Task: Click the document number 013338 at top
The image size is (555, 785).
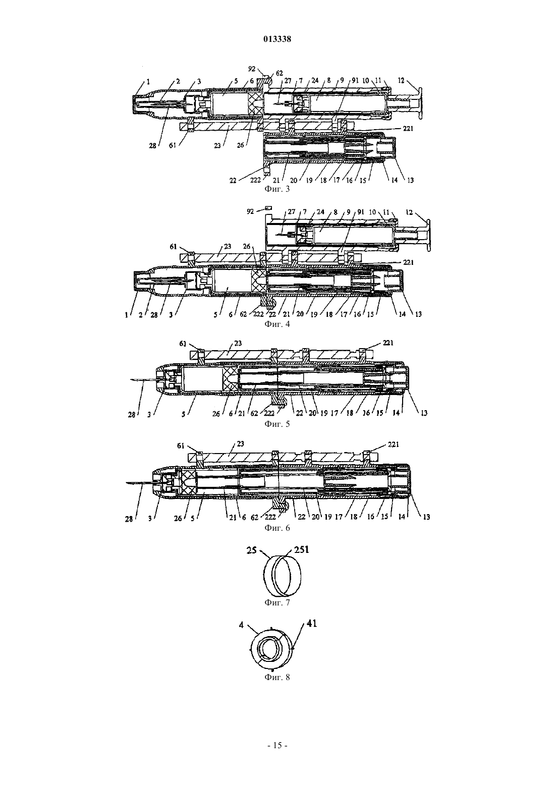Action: [x=277, y=39]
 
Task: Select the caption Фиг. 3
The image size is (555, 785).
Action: [x=277, y=189]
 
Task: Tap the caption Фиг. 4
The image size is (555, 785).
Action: [x=277, y=323]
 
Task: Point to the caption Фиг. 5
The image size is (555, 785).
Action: [x=277, y=424]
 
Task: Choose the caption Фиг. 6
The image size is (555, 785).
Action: [x=277, y=527]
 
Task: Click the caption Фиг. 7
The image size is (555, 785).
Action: [x=277, y=602]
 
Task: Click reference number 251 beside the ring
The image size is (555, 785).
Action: [x=301, y=549]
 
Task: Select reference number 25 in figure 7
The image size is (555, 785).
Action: [x=252, y=550]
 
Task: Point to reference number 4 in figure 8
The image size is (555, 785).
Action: [x=241, y=625]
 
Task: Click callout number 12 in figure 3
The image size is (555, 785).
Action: [x=401, y=81]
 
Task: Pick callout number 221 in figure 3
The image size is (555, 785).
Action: [x=408, y=129]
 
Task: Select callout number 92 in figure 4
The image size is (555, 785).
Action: [x=250, y=212]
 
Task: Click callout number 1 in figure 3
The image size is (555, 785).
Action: [x=148, y=82]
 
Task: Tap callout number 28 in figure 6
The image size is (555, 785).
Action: [x=129, y=519]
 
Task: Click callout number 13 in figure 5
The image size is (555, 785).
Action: [x=424, y=413]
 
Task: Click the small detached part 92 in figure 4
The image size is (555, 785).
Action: [x=269, y=208]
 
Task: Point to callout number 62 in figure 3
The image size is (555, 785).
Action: [x=279, y=73]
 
